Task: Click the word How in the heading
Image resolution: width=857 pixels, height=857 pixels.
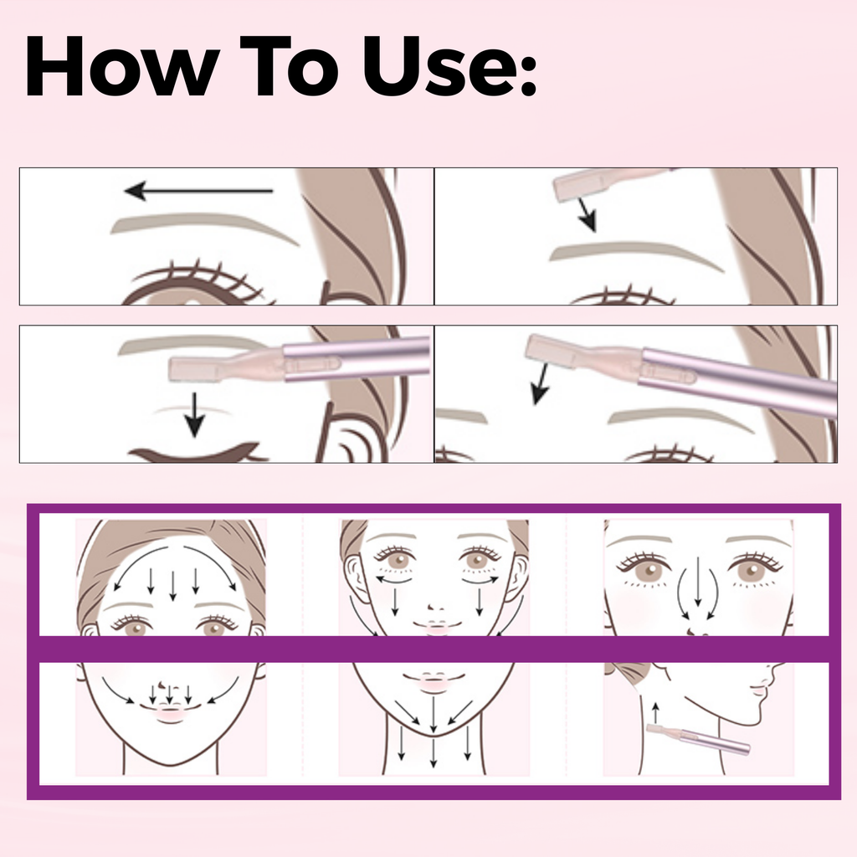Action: point(122,66)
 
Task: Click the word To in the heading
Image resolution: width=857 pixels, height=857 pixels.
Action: point(290,66)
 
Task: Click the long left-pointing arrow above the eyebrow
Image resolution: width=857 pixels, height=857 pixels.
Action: point(198,191)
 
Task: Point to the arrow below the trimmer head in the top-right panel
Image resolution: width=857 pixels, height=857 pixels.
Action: point(588,215)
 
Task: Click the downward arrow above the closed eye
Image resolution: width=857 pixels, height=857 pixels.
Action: point(194,414)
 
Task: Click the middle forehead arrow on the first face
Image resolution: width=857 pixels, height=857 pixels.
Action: point(172,585)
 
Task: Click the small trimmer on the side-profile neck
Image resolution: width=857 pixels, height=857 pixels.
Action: point(698,740)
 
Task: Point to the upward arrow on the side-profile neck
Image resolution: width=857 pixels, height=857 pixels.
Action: point(655,713)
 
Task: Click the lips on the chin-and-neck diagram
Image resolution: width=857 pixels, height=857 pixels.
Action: point(434,680)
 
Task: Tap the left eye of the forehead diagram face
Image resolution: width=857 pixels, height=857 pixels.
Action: point(132,626)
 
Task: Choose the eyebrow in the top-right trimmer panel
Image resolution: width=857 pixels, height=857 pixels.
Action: point(637,253)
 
